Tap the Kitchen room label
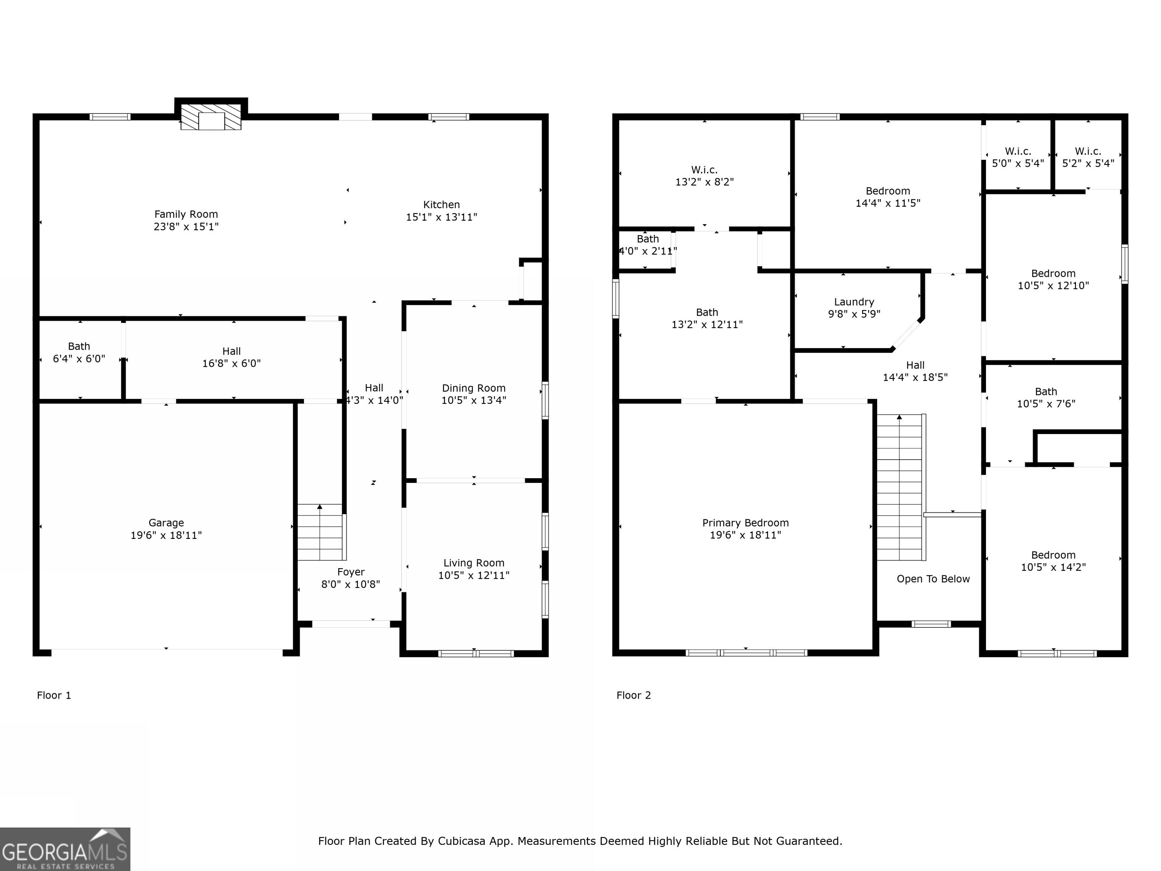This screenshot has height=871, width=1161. point(441,205)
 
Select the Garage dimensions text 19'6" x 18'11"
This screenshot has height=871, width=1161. point(166,535)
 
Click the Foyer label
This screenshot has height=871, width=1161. point(351,572)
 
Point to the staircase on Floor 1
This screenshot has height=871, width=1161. point(320,532)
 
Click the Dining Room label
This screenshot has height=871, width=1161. point(474,388)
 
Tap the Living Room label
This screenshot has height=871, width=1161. point(474,563)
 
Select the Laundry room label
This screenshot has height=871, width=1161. point(854,302)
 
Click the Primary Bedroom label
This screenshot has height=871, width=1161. point(745,523)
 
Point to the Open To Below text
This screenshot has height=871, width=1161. point(933,578)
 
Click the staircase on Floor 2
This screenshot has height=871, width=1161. point(899,488)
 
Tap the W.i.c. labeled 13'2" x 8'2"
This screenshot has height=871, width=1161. point(704,176)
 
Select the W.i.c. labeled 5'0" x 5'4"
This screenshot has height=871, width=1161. point(1018,157)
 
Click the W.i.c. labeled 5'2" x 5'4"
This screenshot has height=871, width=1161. point(1088,157)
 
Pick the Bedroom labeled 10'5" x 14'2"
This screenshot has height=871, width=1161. point(1053,561)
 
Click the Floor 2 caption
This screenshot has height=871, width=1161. point(633,695)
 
